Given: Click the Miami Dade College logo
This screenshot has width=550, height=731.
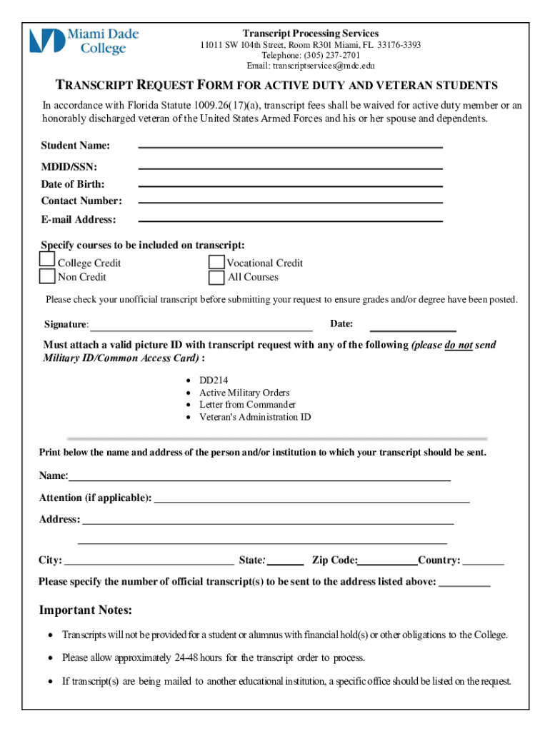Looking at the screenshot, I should point(84,41).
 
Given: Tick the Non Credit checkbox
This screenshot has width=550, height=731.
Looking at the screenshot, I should point(47,276).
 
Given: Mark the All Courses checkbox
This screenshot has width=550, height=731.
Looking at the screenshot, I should point(216,278).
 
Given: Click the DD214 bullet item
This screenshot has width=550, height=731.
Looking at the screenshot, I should point(214,380).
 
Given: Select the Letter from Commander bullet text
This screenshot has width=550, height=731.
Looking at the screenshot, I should point(247,405).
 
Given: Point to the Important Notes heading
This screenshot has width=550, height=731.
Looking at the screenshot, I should point(85,610).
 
